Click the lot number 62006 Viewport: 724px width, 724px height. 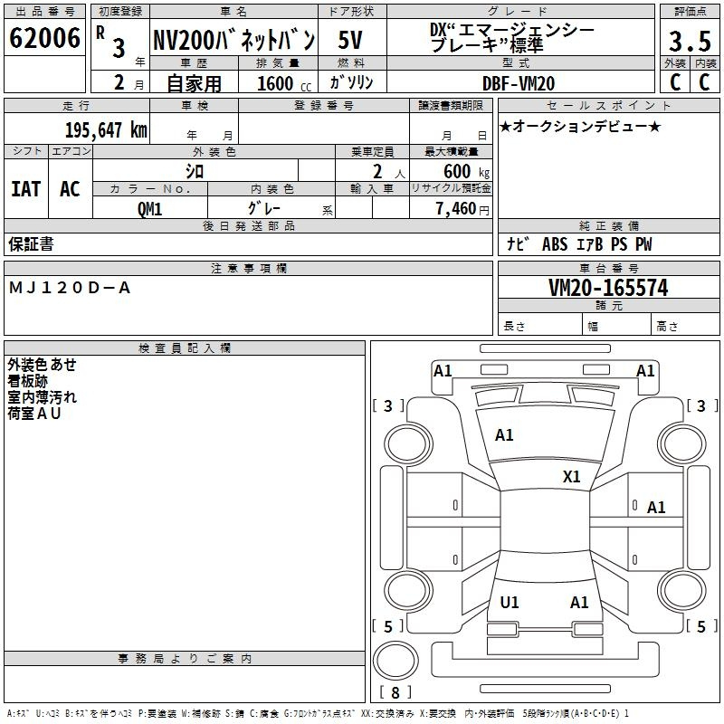44,39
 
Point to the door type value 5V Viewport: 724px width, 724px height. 352,40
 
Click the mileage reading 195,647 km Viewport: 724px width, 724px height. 106,129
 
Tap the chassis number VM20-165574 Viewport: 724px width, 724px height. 608,289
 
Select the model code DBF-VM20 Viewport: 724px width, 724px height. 519,83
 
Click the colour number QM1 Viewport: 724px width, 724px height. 149,208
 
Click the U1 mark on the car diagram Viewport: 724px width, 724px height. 510,603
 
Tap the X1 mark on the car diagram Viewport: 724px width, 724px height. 571,476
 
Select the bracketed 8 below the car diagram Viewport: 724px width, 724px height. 395,692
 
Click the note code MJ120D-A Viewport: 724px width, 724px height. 70,288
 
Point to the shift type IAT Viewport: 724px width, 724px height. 25,189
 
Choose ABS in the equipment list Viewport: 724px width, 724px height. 554,244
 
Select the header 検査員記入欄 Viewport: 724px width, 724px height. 185,348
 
